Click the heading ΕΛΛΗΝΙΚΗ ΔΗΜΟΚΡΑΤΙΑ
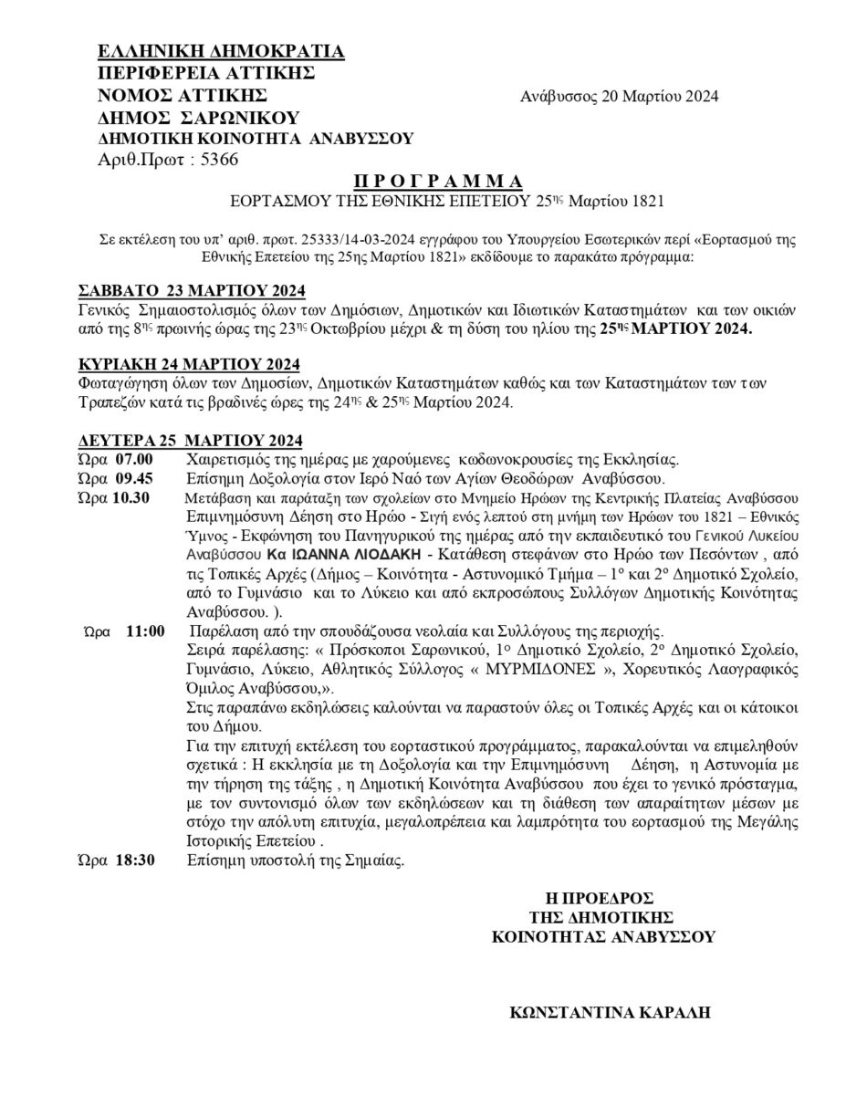(221, 51)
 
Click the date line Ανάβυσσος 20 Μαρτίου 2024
(620, 97)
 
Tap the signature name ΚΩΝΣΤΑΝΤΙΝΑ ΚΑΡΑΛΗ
(611, 1012)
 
